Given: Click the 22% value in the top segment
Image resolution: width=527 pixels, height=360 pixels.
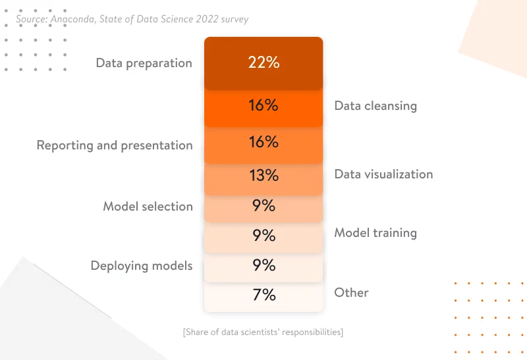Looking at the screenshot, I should (263, 63).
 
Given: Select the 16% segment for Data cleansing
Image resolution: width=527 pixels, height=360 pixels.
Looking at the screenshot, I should (263, 105).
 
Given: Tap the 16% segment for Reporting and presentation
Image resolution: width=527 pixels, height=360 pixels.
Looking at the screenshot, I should (263, 142).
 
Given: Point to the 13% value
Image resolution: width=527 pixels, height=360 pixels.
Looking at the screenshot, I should (263, 176).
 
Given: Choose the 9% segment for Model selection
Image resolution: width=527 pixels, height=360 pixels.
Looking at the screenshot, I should (263, 206).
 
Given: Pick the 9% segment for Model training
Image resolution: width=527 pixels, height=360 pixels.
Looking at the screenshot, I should (263, 236).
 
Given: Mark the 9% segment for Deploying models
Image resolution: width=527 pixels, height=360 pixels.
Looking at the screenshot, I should (263, 265).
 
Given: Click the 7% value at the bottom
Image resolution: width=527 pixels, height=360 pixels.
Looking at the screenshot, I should (263, 295).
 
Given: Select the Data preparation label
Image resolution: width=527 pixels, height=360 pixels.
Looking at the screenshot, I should (144, 63).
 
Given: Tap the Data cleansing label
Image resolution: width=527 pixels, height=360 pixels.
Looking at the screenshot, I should (375, 105).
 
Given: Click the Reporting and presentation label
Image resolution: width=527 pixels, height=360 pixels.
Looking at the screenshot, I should (115, 145).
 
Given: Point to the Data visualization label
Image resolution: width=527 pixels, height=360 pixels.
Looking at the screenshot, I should (383, 174).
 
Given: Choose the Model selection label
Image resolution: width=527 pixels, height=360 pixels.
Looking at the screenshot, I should (148, 207).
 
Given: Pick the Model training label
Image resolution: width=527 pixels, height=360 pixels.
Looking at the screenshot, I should (375, 233).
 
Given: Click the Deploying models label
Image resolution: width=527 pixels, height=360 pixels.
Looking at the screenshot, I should (142, 266).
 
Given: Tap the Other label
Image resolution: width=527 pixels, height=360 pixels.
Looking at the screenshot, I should (351, 293).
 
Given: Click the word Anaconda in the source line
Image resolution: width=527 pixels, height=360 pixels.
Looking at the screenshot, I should (74, 19).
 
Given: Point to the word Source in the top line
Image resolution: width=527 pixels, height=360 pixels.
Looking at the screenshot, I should (32, 19).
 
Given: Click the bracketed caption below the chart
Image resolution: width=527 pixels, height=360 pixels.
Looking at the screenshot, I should (263, 332).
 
